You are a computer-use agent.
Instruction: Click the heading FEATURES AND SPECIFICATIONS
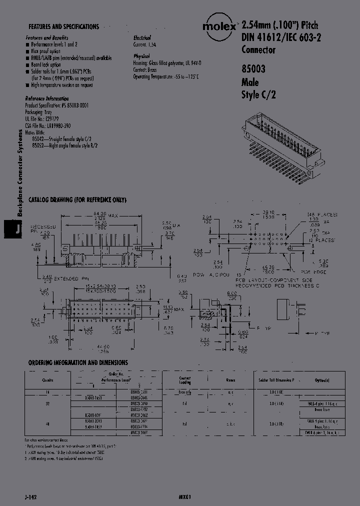coord(63,26)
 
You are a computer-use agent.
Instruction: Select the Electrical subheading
coord(142,38)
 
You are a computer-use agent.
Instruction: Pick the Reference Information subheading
coord(46,98)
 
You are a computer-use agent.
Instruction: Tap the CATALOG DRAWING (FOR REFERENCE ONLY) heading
coord(77,200)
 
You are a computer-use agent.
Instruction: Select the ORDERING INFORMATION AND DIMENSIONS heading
coord(77,362)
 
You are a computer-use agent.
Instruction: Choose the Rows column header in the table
coord(230,379)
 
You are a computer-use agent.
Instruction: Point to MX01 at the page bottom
coord(184,498)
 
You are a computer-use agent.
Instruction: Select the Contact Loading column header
coord(185,379)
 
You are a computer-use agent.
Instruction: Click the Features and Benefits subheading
coord(46,38)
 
